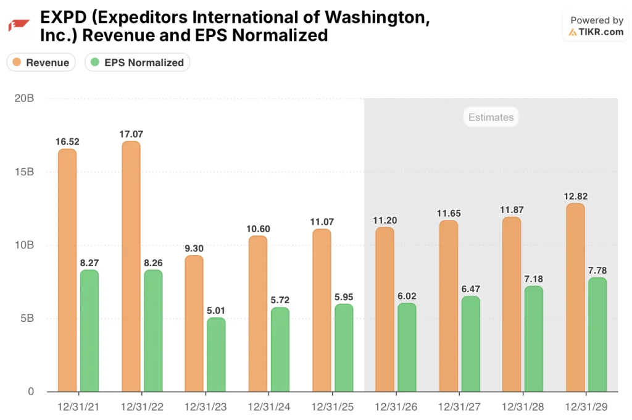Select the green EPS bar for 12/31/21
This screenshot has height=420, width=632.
(89, 330)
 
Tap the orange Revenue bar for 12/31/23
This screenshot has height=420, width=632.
(194, 323)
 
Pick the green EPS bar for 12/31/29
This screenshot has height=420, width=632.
(597, 334)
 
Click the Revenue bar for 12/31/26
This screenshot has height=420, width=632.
(385, 309)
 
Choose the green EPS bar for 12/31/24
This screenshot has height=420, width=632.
(280, 349)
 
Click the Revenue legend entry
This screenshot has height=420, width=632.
(41, 62)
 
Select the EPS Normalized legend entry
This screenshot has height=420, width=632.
(137, 62)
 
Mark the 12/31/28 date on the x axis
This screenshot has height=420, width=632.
(521, 407)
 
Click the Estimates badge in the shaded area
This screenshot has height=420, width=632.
(491, 117)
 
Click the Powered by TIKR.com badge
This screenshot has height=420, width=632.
(596, 27)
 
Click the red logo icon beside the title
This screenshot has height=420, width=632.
(19, 25)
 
